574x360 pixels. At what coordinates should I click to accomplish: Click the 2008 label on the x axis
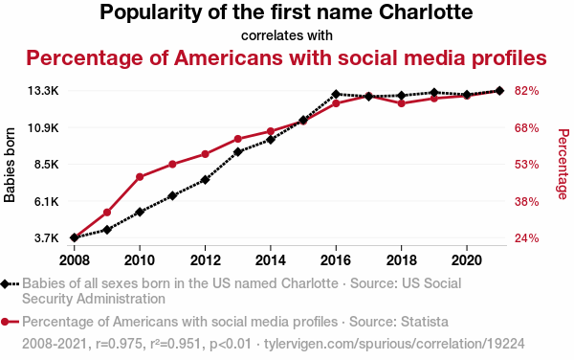click(x=75, y=259)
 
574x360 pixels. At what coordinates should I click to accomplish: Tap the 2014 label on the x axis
click(x=271, y=259)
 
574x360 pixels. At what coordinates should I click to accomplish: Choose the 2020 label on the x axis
click(x=466, y=259)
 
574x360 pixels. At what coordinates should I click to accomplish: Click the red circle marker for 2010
click(x=140, y=177)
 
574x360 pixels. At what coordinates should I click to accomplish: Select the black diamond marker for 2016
click(x=336, y=95)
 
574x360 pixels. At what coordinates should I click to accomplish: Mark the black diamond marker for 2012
click(x=205, y=180)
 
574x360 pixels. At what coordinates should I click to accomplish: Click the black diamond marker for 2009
click(x=107, y=230)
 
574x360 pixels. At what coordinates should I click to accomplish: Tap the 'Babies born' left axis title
click(x=11, y=164)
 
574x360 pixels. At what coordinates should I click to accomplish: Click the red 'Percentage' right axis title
click(x=563, y=164)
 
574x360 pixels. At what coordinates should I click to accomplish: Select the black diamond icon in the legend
click(x=11, y=284)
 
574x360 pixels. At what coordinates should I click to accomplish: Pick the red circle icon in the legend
click(x=11, y=321)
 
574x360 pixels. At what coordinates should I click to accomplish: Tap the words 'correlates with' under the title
click(x=287, y=36)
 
